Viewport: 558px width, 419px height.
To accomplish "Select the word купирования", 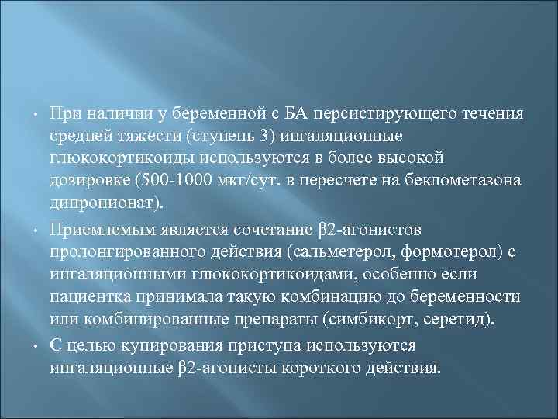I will point(162,343).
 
